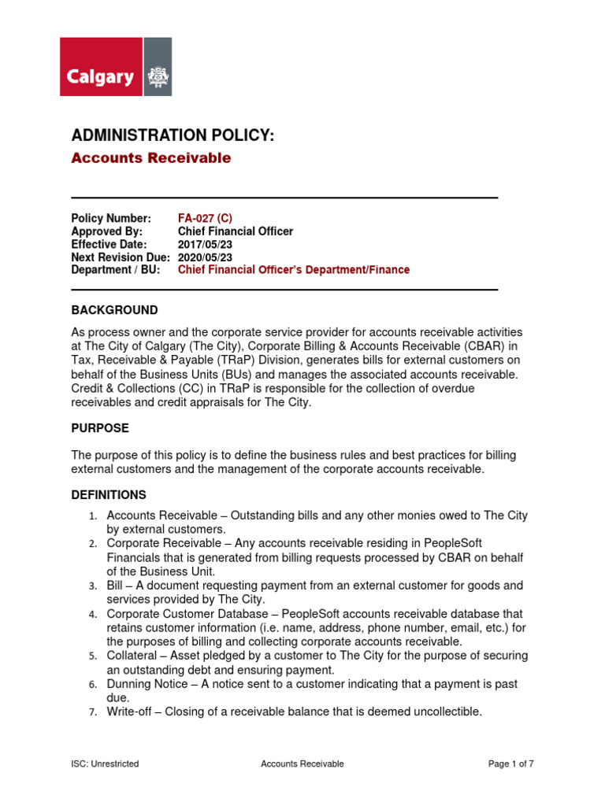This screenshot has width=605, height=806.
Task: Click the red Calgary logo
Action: click(x=101, y=67)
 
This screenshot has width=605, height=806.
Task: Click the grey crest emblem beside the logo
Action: click(x=158, y=67)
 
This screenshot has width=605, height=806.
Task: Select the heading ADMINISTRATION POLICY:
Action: click(x=173, y=136)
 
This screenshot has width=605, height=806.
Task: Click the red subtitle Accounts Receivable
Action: click(x=150, y=158)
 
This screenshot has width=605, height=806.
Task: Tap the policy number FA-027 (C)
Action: click(x=205, y=218)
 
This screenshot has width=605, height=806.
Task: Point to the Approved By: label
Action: click(x=106, y=231)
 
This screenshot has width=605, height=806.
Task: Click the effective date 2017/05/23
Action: click(x=206, y=244)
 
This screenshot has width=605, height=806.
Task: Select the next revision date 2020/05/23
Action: click(x=206, y=257)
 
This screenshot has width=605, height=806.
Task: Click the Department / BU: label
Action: click(x=115, y=269)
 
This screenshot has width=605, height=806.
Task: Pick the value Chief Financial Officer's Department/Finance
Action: click(x=293, y=269)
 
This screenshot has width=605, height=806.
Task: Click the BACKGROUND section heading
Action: click(x=114, y=310)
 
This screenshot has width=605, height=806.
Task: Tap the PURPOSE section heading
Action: click(x=100, y=428)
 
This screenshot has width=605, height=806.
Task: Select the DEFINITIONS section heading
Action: click(x=109, y=495)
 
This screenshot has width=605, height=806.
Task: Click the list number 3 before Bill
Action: click(x=92, y=586)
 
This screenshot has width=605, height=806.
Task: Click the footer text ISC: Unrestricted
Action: click(x=105, y=763)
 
